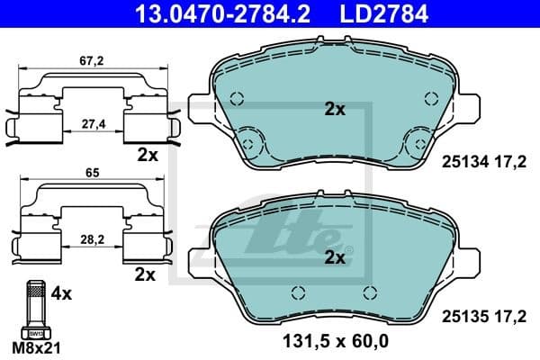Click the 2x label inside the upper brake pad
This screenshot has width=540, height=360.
[335, 110]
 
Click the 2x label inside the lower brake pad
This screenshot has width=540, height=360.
[335, 258]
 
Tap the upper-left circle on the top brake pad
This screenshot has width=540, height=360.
[237, 101]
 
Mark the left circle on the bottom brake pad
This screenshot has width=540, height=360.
[297, 291]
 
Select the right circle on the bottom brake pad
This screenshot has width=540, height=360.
[367, 291]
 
